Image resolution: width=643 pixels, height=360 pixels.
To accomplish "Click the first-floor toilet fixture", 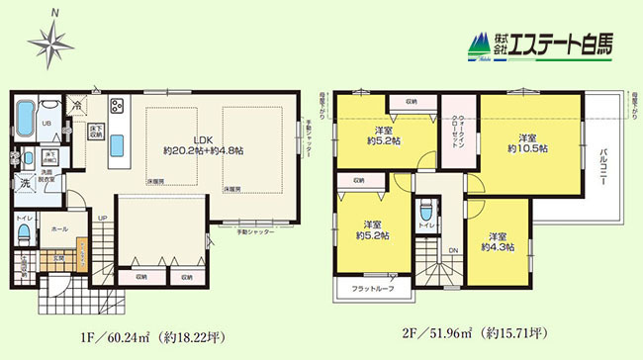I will (24, 232).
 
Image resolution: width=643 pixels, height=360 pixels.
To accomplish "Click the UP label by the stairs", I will (102, 219).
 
